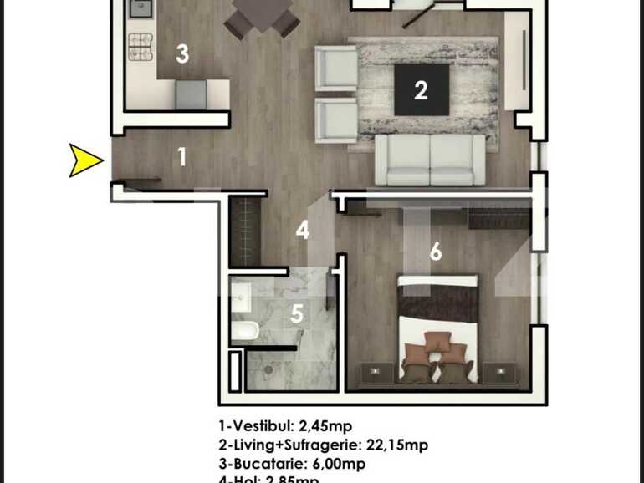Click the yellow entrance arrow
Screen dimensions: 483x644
(84, 160)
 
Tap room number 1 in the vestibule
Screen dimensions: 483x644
(182, 156)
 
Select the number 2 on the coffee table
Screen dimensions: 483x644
(421, 89)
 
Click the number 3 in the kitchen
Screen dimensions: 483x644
(181, 54)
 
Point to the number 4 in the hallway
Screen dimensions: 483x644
(302, 230)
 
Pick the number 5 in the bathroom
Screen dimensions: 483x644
(297, 314)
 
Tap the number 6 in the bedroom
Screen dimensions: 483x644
(435, 252)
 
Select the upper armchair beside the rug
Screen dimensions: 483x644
(336, 67)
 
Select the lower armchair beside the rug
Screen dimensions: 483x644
(336, 120)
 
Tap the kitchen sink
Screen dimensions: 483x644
(140, 9)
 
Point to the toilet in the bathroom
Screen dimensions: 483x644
(244, 331)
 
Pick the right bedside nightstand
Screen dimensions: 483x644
(500, 371)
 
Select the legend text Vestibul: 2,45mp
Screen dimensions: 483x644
(291, 427)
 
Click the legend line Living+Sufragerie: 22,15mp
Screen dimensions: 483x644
(323, 445)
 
